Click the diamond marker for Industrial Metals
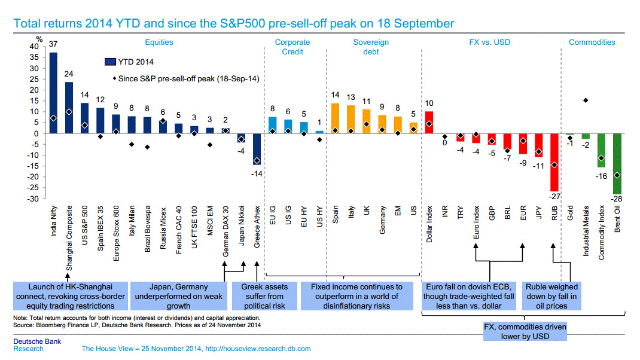point(586,100)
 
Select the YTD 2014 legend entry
point(127,61)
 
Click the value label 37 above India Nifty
point(53,43)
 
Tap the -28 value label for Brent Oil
point(617,199)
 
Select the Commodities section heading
point(592,42)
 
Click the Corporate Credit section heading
point(292,47)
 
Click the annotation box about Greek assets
point(264,296)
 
